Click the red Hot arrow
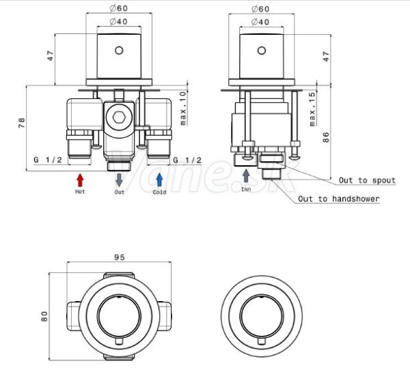click(x=80, y=180)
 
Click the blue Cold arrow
click(x=159, y=180)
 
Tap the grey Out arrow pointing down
click(x=119, y=180)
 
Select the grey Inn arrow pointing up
click(x=246, y=175)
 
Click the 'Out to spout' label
click(x=367, y=180)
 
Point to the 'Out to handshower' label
click(x=339, y=199)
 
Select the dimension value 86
click(x=326, y=137)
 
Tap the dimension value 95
click(x=119, y=257)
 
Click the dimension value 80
click(x=44, y=316)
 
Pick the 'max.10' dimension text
click(x=184, y=108)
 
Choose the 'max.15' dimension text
click(x=313, y=109)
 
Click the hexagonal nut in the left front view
click(x=119, y=117)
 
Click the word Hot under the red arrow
click(x=80, y=192)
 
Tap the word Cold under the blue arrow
click(x=159, y=192)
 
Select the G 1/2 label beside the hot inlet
click(x=48, y=160)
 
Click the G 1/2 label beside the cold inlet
click(x=187, y=160)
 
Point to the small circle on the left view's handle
click(x=119, y=50)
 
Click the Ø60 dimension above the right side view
click(x=261, y=9)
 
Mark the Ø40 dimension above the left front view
click(x=119, y=21)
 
